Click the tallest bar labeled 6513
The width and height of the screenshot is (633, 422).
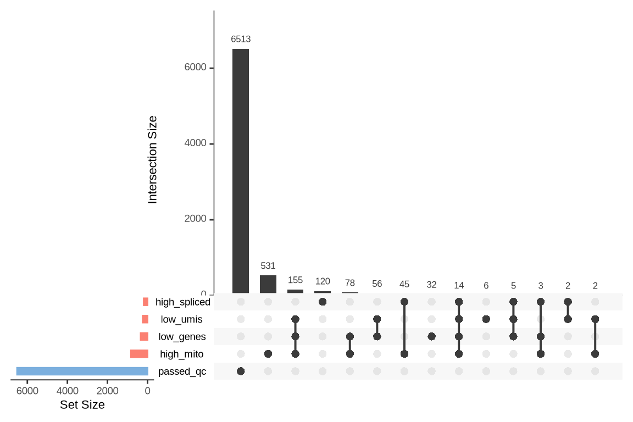[x=241, y=170]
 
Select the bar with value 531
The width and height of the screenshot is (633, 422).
[x=268, y=284]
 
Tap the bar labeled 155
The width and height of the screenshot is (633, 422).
[x=295, y=291]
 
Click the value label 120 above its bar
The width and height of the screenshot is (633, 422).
[x=323, y=281]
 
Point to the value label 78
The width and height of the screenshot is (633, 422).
[x=350, y=283]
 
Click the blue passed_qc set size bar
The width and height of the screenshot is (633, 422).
[x=82, y=371]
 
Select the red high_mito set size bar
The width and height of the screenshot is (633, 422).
[x=139, y=354]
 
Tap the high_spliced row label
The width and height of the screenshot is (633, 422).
[x=182, y=302]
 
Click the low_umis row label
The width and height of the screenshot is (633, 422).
[x=181, y=319]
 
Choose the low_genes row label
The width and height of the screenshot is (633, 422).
[x=182, y=337]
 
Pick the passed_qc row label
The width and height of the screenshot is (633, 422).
[x=182, y=371]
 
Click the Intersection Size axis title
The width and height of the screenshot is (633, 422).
[x=153, y=159]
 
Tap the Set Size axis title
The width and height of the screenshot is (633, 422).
[x=82, y=405]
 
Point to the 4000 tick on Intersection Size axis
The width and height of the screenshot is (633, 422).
[x=196, y=143]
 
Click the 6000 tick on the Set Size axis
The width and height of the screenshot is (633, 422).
[x=27, y=391]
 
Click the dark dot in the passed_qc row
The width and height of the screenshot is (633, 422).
[x=241, y=371]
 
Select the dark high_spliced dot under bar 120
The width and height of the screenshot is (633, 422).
[x=323, y=302]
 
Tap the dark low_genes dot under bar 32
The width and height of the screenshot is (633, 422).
[x=432, y=336]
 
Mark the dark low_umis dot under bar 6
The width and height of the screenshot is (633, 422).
[x=486, y=319]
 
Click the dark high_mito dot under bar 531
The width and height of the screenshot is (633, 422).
[x=268, y=354]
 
